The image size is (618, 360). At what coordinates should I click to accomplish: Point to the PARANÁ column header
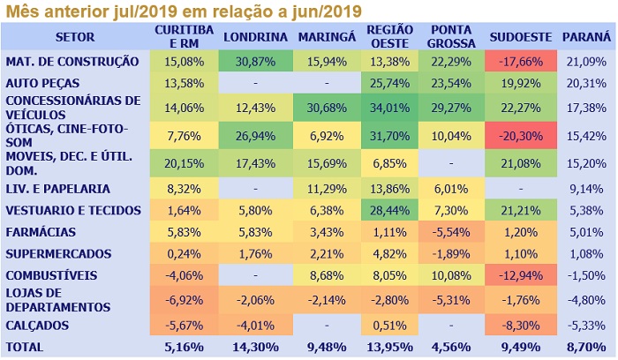point(585,38)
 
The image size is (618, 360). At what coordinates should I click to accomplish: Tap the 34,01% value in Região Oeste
point(385,107)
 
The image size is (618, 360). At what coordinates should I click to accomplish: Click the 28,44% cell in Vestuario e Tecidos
point(385,210)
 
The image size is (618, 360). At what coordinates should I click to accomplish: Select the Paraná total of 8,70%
point(585,347)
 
